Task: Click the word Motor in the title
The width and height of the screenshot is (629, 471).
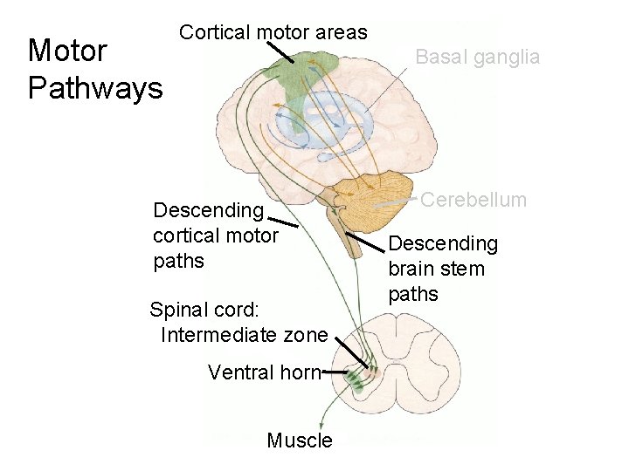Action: [x=67, y=51]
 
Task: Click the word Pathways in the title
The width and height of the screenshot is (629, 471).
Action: [x=95, y=88]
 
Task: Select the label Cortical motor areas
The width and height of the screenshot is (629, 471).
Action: [x=273, y=33]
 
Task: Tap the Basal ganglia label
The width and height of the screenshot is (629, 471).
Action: [x=477, y=58]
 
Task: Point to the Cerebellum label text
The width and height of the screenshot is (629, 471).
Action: [x=474, y=200]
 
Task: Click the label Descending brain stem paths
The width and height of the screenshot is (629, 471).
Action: [x=442, y=268]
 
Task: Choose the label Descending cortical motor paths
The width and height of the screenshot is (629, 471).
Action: [x=215, y=235]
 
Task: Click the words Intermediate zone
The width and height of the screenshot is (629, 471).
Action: [x=245, y=335]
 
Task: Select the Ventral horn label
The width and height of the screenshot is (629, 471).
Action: [x=264, y=372]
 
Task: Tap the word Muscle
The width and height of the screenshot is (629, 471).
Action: [x=300, y=440]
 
